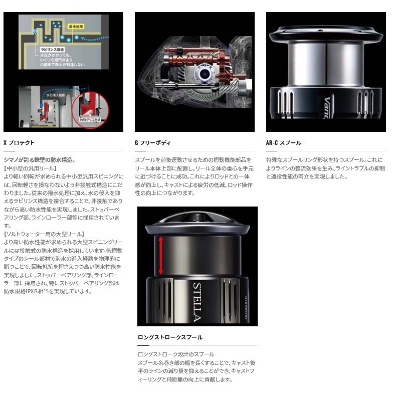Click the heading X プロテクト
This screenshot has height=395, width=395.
point(19,143)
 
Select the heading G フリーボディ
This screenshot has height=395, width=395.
point(152,143)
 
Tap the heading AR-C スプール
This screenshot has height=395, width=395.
point(283,143)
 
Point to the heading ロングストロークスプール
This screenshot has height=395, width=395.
point(170,337)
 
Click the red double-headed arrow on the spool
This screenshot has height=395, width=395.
point(160,256)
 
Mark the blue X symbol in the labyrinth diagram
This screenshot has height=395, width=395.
point(35,31)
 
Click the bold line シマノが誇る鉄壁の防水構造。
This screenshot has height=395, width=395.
point(40,159)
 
